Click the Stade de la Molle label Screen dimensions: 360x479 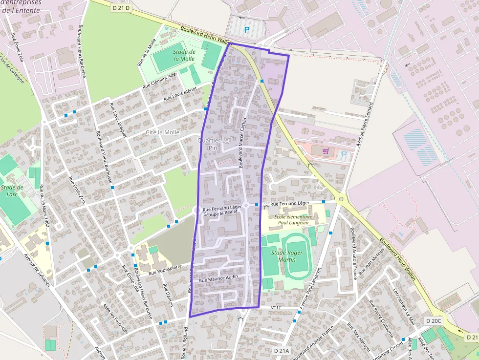pyautogui.click(x=184, y=55)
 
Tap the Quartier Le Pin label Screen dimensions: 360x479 pyautogui.click(x=213, y=144)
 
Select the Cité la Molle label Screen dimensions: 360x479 pyautogui.click(x=163, y=132)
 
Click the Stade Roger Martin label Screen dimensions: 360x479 pyautogui.click(x=286, y=256)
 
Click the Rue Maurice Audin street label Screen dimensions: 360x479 pyautogui.click(x=218, y=277)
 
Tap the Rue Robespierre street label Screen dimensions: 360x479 pyautogui.click(x=165, y=270)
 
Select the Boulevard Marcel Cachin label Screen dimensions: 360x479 pyautogui.click(x=242, y=143)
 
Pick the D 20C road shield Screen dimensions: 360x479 pyautogui.click(x=433, y=321)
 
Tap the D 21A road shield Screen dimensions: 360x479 pyautogui.click(x=282, y=351)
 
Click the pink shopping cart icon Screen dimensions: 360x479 pyautogui.click(x=326, y=151)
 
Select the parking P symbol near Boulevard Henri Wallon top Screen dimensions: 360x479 pyautogui.click(x=247, y=30)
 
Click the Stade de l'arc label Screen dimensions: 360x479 pyautogui.click(x=12, y=191)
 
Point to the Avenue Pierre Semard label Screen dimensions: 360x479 pyautogui.click(x=364, y=125)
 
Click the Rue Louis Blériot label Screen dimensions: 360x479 pyautogui.click(x=180, y=94)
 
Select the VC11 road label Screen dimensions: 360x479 pyautogui.click(x=276, y=308)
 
